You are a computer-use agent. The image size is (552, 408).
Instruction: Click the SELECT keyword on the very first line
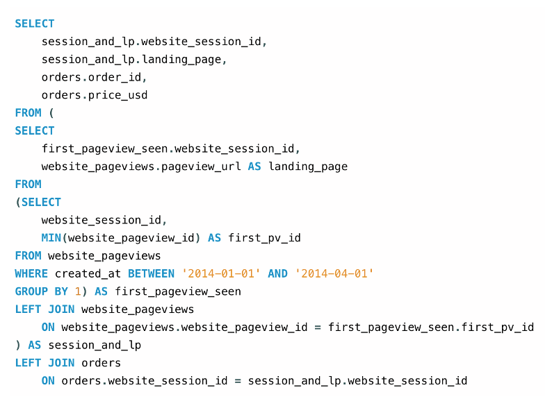(35, 24)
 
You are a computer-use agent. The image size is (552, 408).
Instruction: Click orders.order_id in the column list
(94, 77)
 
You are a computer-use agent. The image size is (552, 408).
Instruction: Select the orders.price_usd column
(95, 95)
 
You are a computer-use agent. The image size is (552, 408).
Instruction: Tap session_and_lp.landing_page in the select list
(134, 59)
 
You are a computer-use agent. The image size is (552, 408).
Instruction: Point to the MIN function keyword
(51, 238)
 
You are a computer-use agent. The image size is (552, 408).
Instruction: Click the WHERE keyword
(31, 273)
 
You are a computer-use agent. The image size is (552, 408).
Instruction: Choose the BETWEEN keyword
(151, 273)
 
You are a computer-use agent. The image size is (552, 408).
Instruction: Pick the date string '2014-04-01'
(334, 273)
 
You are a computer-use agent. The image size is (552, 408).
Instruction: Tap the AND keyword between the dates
(277, 273)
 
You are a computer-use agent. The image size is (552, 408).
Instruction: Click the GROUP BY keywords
(42, 291)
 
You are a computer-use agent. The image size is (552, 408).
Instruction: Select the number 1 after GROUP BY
(78, 291)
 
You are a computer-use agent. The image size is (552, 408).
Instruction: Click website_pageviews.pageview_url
(141, 167)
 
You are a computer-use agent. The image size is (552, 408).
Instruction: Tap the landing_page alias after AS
(308, 167)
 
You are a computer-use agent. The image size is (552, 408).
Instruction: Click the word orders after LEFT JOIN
(101, 363)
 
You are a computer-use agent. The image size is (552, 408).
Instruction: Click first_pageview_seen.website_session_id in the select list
(170, 148)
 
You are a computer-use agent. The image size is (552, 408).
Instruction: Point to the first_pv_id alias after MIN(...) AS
(264, 238)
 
